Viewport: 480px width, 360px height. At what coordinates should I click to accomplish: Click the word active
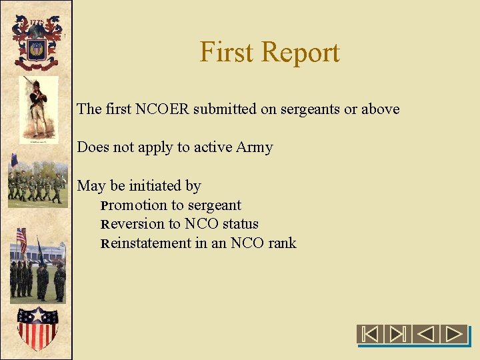213,147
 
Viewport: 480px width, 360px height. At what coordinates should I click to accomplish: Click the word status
240,224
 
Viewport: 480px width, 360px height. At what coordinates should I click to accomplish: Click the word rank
282,243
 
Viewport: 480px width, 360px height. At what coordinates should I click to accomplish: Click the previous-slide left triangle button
427,333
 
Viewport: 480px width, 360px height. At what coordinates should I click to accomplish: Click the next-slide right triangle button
456,333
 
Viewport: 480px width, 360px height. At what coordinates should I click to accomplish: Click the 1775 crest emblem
36,42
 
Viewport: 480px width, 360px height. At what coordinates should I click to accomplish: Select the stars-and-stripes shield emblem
36,327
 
